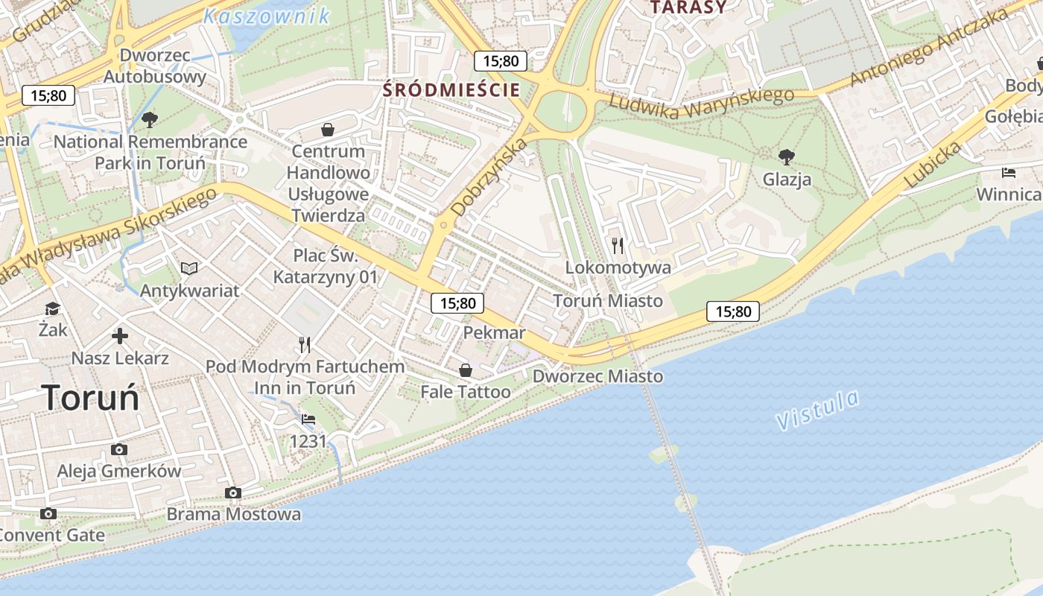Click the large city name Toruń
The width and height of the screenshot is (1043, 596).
pyautogui.click(x=90, y=397)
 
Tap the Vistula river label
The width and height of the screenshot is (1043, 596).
pyautogui.click(x=817, y=410)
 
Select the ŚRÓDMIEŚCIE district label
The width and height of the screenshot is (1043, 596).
pyautogui.click(x=451, y=90)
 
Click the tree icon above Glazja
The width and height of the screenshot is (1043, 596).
pyautogui.click(x=786, y=157)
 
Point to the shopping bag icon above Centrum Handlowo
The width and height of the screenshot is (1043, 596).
pyautogui.click(x=327, y=130)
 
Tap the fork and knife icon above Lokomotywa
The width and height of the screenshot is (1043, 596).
pyautogui.click(x=617, y=245)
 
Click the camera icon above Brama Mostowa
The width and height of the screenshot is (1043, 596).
pyautogui.click(x=233, y=492)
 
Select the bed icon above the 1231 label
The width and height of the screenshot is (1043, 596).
pyautogui.click(x=308, y=419)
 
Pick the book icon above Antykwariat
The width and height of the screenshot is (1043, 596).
pyautogui.click(x=189, y=268)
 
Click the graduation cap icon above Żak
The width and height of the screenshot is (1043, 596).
pyautogui.click(x=52, y=308)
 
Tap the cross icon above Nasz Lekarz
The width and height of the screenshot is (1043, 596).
pyautogui.click(x=119, y=336)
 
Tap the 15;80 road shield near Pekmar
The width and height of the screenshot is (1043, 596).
pyautogui.click(x=457, y=303)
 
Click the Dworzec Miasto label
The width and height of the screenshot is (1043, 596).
pyautogui.click(x=597, y=376)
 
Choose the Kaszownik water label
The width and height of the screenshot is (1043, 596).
pyautogui.click(x=267, y=16)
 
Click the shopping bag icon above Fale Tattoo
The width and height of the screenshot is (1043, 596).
pyautogui.click(x=466, y=370)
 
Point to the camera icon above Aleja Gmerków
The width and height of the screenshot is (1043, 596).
pyautogui.click(x=118, y=449)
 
